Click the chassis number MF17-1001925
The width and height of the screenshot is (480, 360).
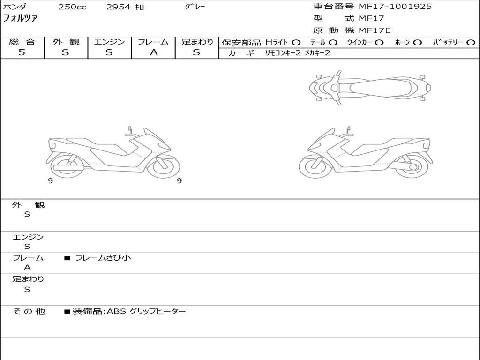point(395,7)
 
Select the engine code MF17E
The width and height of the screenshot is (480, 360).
point(375,30)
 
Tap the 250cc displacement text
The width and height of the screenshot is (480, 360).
point(73,7)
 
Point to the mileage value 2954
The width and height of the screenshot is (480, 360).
point(119,7)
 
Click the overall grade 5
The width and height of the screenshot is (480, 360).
point(22,52)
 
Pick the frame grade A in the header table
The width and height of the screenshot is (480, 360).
point(154,52)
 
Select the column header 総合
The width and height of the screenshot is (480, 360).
point(22,42)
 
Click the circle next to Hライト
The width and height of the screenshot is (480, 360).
point(296,43)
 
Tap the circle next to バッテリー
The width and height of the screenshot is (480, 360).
point(471,43)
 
